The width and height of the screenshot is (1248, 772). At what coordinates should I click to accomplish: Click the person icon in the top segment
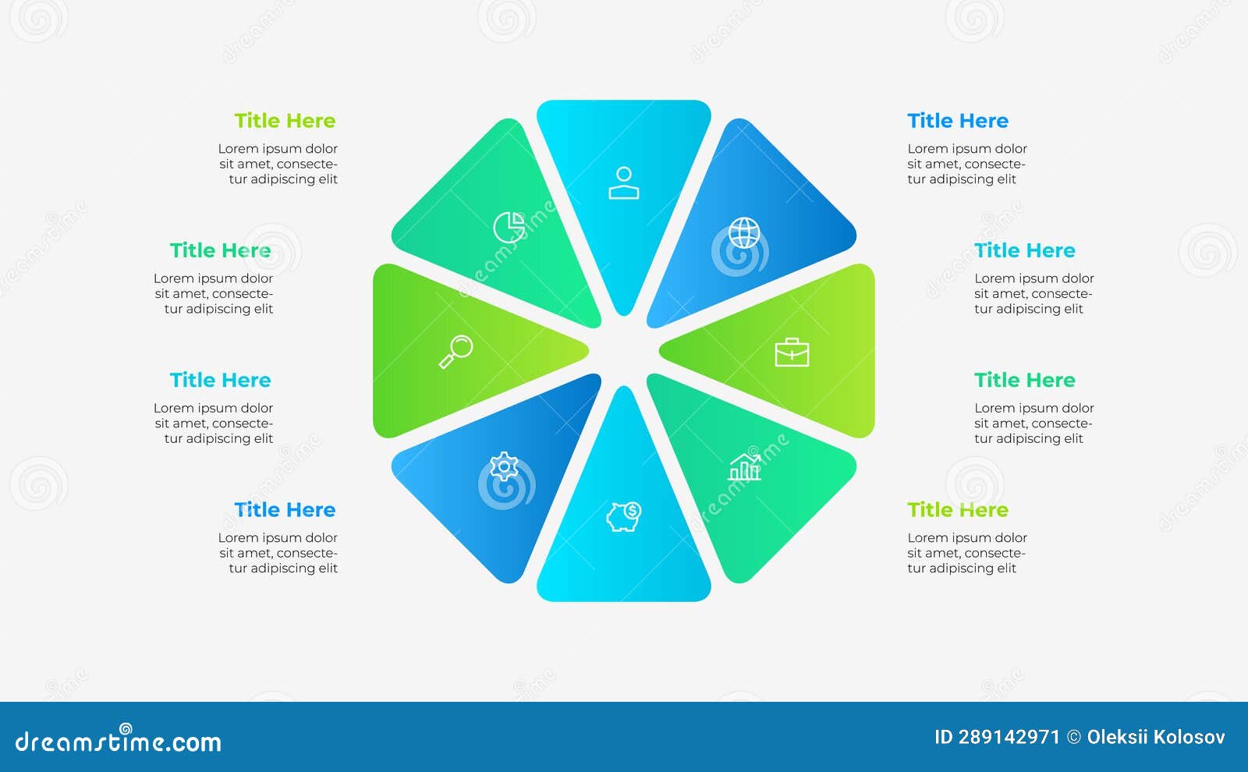623,182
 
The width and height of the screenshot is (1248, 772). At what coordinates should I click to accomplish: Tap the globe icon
744,232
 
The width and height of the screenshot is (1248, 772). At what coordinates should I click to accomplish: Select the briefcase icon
792,352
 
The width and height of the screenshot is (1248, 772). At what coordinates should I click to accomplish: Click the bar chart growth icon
744,467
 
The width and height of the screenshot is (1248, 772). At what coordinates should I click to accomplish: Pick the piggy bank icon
623,516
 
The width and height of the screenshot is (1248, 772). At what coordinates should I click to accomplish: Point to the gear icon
504,466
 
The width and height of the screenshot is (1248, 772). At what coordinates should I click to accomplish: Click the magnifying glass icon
456,352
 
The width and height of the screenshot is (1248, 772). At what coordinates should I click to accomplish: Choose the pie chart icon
509,227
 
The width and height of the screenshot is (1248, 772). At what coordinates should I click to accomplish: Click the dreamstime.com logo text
118,740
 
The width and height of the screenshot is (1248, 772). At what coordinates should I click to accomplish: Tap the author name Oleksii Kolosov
1155,737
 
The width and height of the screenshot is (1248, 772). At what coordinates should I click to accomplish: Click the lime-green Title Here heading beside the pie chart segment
285,120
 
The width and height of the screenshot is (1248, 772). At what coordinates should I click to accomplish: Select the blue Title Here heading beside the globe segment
958,120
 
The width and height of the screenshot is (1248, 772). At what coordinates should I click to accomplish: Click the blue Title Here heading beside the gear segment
285,510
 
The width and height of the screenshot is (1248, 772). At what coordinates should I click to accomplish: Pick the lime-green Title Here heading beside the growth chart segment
958,510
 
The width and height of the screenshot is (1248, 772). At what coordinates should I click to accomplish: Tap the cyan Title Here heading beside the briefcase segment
1025,250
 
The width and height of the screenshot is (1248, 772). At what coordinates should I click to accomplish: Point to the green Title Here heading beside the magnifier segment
220,250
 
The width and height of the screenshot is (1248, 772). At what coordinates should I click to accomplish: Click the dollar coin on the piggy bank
633,510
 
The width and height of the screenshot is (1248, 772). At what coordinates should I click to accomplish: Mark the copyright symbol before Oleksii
1073,738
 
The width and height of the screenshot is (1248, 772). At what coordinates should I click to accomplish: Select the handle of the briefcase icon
792,341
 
